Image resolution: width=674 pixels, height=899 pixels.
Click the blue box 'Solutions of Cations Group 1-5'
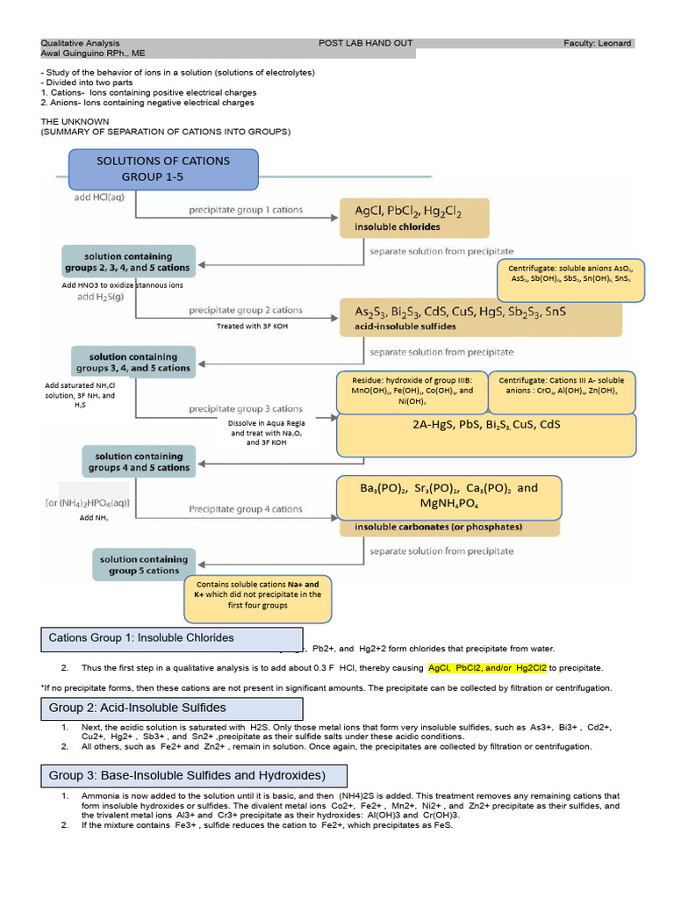163,169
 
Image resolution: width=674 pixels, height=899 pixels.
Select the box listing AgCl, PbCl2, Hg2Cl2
413,219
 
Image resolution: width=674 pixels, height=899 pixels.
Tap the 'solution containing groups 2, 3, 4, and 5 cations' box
126,262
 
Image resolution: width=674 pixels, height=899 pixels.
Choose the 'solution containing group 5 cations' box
143,565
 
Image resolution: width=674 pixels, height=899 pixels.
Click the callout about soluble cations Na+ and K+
251,594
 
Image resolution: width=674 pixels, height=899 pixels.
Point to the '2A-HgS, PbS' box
485,435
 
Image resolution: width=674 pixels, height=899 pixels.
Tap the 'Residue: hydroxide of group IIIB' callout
410,391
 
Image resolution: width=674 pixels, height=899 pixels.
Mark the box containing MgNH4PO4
448,498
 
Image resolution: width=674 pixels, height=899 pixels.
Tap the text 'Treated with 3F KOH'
253,326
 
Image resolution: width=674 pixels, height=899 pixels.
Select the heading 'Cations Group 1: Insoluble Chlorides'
171,637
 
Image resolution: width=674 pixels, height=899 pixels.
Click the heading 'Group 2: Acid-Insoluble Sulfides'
171,708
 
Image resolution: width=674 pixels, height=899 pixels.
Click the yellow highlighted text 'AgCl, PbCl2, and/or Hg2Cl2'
487,668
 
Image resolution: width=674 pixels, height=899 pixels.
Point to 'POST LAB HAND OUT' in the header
365,43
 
